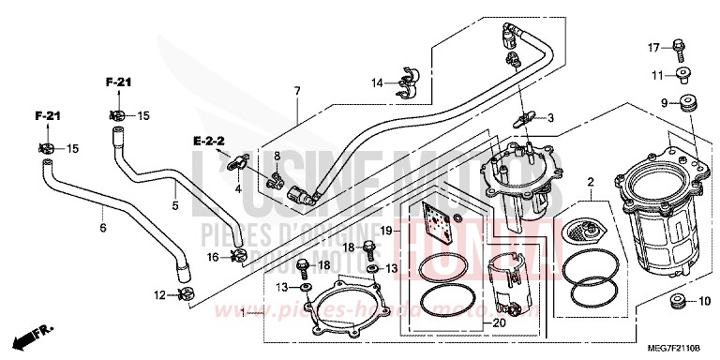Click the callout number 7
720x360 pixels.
click(x=296, y=91)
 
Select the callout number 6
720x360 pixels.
click(x=103, y=227)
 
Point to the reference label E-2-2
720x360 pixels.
click(x=208, y=141)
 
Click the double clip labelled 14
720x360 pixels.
click(x=408, y=82)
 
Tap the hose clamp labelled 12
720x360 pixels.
click(x=186, y=296)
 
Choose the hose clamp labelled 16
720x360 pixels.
click(x=240, y=256)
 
